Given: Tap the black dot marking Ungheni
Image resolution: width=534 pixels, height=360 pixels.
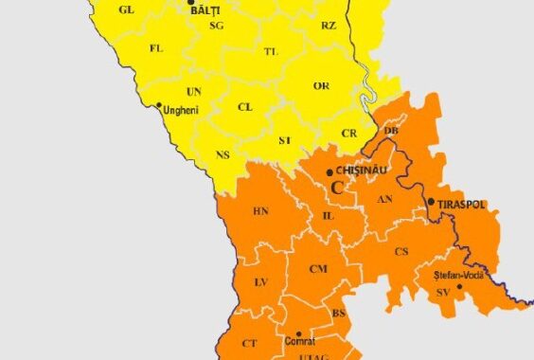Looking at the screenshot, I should click(x=159, y=105).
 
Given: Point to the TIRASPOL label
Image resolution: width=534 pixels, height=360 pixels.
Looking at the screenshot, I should click(x=461, y=202).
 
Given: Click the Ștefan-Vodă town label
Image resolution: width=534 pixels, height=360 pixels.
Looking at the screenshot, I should click(x=458, y=275).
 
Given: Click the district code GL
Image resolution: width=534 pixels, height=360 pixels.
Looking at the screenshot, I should click(x=126, y=9).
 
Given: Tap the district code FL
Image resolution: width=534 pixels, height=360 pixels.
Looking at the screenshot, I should click(x=156, y=47).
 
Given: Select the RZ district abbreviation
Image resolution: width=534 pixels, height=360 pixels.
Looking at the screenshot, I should click(x=328, y=26).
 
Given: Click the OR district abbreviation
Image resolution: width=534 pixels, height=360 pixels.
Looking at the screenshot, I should click(x=321, y=86).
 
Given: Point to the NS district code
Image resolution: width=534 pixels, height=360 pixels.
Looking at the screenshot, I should click(x=222, y=154).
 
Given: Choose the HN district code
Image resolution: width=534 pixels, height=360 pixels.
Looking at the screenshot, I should click(x=260, y=210).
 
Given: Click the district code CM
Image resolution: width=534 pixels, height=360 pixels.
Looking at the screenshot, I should click(x=318, y=269).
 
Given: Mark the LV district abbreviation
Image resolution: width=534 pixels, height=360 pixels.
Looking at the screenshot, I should click(x=261, y=282).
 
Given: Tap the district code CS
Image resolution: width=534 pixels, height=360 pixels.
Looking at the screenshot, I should click(x=401, y=251).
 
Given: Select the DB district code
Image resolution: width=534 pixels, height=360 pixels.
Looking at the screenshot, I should click(x=391, y=130).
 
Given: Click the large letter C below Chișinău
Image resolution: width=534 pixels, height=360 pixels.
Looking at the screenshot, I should click(x=337, y=188).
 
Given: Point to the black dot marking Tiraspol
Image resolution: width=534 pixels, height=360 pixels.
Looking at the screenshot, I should click(x=431, y=202).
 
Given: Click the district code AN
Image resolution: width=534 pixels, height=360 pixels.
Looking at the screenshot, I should click(x=384, y=199).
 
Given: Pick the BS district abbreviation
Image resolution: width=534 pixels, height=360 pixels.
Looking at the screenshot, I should click(x=338, y=312).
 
